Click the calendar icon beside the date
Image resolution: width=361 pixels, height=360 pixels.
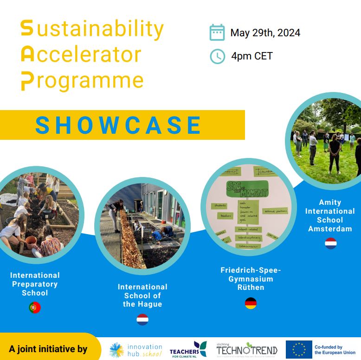[217, 33]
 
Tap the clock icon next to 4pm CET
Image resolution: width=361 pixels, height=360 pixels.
[217, 56]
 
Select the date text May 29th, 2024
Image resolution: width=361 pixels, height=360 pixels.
[265, 33]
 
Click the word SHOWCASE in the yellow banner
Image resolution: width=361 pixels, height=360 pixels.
[119, 125]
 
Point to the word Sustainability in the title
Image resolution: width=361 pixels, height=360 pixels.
[92, 29]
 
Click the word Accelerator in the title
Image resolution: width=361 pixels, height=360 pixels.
[81, 55]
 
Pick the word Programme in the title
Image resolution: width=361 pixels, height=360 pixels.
[83, 80]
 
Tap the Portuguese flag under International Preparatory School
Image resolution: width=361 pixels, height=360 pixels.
[35, 308]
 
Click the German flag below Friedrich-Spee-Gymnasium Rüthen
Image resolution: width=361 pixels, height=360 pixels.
[251, 304]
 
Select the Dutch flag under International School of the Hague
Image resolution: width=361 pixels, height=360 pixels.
[142, 320]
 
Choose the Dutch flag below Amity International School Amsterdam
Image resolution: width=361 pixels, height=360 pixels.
[330, 243]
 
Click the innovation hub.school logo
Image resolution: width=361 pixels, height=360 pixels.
[135, 350]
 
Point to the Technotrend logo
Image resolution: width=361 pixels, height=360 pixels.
[246, 349]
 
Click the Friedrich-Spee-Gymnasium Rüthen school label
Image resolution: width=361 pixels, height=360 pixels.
[251, 279]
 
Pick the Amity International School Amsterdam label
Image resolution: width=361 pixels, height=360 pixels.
[330, 216]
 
